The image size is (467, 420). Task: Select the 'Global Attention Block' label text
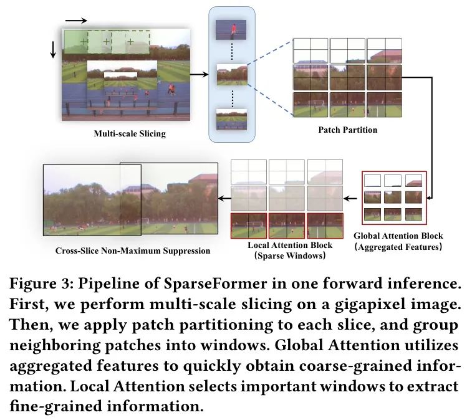[x=398, y=236]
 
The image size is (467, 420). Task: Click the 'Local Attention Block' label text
[x=287, y=246]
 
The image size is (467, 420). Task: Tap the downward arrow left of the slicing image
[x=53, y=49]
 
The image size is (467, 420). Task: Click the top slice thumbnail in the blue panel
[x=232, y=29]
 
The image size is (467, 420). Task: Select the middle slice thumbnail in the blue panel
[x=232, y=75]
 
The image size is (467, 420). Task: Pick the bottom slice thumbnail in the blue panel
[x=232, y=119]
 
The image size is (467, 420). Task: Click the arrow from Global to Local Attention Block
[x=354, y=199]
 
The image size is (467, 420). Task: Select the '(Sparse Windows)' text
[x=287, y=255]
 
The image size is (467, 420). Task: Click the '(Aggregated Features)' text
[x=398, y=247]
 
